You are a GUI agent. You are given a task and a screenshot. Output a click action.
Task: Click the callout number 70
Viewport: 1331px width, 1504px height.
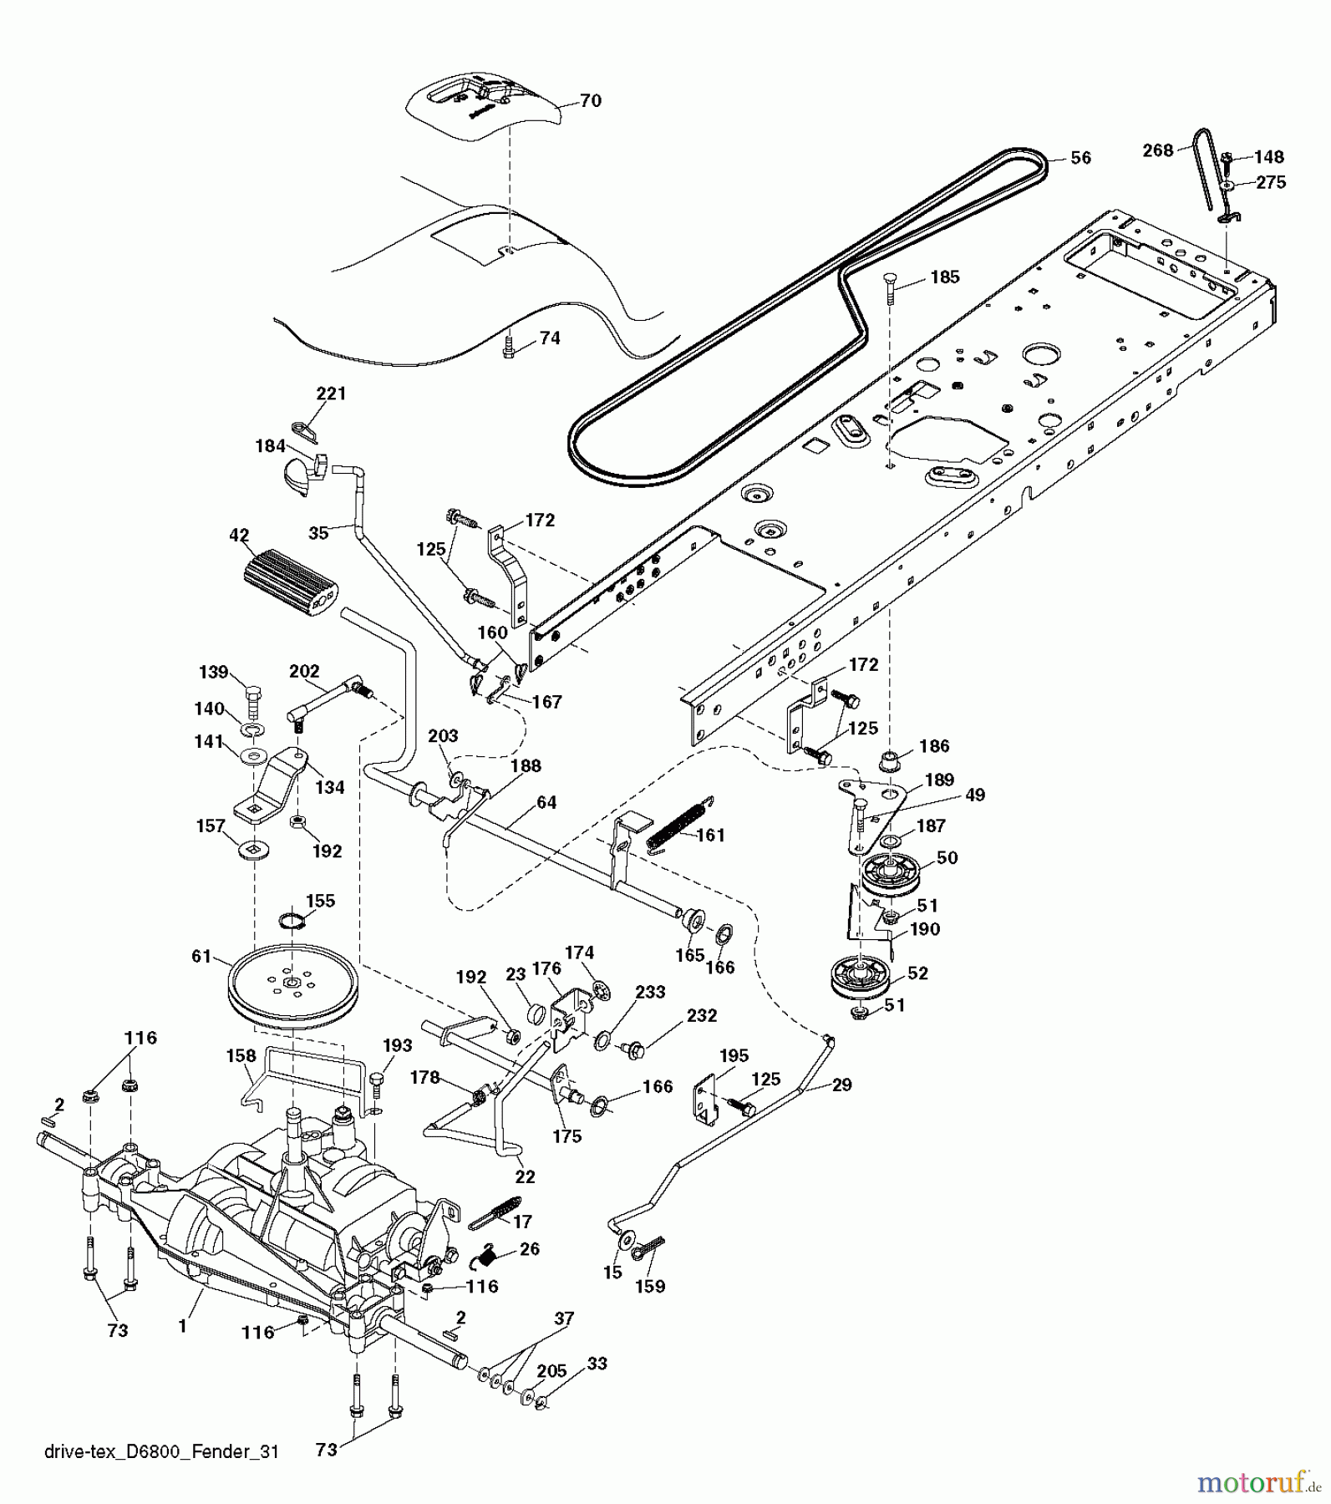coord(591,101)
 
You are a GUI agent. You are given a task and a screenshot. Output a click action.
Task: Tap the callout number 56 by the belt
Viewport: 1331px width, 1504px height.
coord(1080,158)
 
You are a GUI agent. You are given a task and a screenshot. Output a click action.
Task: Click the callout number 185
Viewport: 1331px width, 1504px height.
coord(945,277)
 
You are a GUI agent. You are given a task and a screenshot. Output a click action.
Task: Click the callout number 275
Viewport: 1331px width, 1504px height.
coord(1271,182)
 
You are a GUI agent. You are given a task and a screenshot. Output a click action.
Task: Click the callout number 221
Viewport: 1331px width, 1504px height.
coord(331,394)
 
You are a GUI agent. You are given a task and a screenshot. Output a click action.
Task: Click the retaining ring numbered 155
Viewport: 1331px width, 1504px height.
coord(291,922)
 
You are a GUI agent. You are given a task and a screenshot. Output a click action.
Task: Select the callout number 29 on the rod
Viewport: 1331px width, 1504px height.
coord(841,1085)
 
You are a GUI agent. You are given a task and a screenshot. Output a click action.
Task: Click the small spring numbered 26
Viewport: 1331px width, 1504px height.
coord(489,1252)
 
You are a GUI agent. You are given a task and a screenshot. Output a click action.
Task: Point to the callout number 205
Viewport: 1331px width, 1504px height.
coord(551,1371)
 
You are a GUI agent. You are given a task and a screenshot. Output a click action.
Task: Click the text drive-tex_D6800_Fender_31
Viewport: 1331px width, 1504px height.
coord(160,1451)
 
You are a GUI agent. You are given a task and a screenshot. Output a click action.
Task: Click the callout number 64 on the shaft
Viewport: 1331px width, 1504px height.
coord(546,803)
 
